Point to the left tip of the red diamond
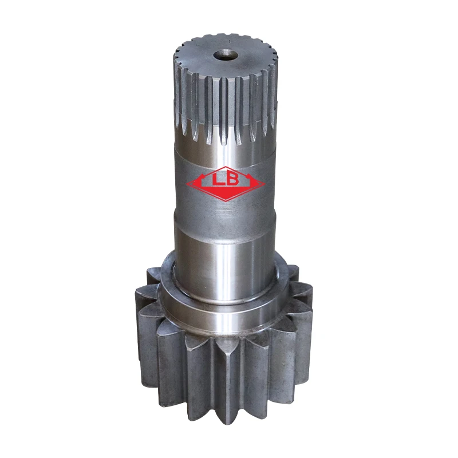point(187,184)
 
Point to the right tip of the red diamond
point(265,184)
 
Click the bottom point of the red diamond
point(226,201)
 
